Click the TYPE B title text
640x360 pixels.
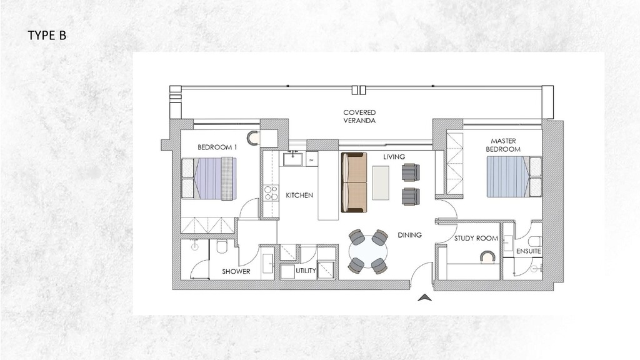click(47, 36)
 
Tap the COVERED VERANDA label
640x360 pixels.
click(359, 116)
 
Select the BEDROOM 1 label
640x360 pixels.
click(217, 147)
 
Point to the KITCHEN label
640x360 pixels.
click(299, 196)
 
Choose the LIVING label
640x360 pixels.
click(394, 157)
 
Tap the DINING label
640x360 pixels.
click(409, 236)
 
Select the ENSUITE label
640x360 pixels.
click(529, 251)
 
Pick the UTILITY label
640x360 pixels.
click(306, 271)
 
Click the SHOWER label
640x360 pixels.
click(236, 271)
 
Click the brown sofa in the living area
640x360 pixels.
click(354, 182)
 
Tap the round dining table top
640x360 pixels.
click(367, 252)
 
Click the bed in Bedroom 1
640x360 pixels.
click(209, 179)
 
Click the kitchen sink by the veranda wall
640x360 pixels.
click(292, 159)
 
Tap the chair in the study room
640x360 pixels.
click(486, 256)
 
